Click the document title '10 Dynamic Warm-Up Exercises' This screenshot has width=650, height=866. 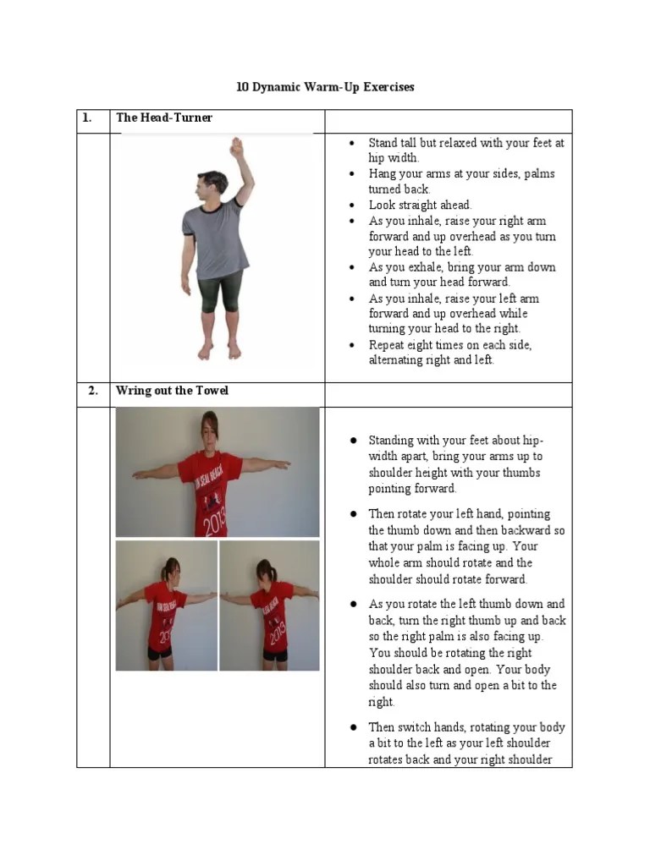click(x=324, y=87)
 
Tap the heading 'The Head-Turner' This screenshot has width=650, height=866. click(x=164, y=118)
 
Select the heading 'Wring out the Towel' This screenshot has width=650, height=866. click(x=172, y=391)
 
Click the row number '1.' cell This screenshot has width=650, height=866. click(x=87, y=118)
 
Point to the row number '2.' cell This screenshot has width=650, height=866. click(x=93, y=391)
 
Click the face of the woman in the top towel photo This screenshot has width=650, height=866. click(x=212, y=431)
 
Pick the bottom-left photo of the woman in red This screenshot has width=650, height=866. click(x=166, y=606)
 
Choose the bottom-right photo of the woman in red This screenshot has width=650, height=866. click(x=269, y=606)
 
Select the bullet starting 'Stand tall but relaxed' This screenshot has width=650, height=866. click(x=465, y=151)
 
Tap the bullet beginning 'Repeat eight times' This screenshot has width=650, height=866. click(x=450, y=353)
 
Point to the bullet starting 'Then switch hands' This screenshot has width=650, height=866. click(x=466, y=743)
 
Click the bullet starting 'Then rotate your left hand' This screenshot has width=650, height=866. click(x=466, y=546)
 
